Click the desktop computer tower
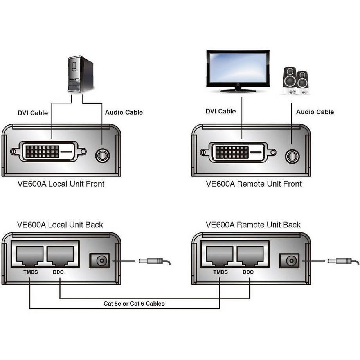80,74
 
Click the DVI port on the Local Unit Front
49,151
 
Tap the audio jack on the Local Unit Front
103,155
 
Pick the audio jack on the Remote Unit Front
292,156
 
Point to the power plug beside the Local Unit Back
153,261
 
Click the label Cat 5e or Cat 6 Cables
134,303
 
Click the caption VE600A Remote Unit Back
253,225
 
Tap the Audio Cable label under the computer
124,112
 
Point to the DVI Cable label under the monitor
221,112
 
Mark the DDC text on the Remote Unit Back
248,272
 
